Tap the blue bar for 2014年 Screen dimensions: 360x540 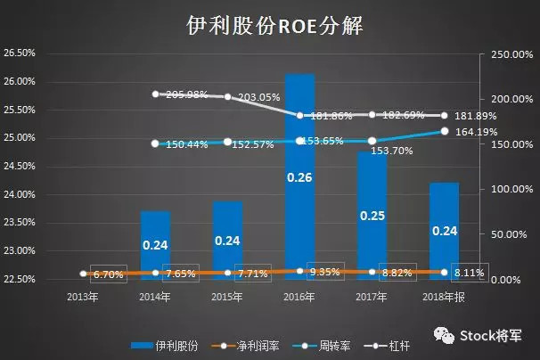155,245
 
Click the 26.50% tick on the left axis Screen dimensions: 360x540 20,53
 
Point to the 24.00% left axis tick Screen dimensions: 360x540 20,195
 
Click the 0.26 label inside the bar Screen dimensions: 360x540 299,177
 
